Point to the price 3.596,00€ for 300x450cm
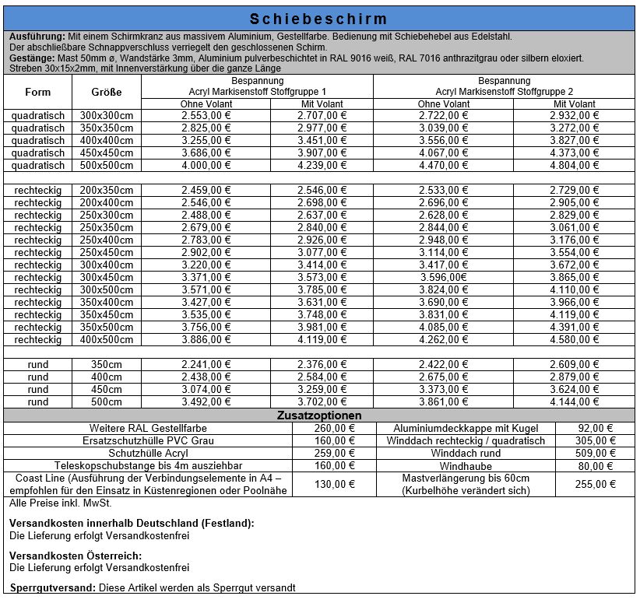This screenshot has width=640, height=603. coord(444,277)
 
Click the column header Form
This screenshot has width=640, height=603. coord(37,92)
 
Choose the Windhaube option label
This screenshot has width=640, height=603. coord(466,466)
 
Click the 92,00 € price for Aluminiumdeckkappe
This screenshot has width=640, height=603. coord(596,428)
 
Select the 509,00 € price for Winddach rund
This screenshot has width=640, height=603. coord(596,453)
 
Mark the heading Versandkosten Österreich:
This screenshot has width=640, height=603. coord(75,556)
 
